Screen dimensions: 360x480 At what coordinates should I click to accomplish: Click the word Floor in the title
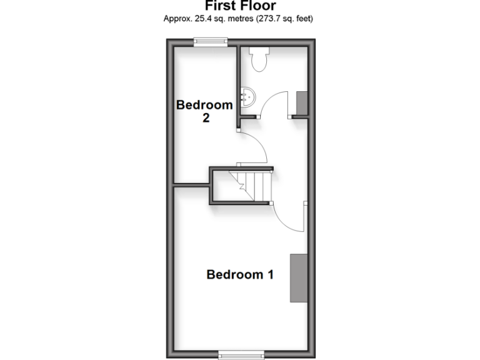pyautogui.click(x=258, y=6)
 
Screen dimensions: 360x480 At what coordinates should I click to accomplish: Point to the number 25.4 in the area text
pyautogui.click(x=202, y=19)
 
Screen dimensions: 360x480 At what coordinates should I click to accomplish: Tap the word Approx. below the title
pyautogui.click(x=176, y=19)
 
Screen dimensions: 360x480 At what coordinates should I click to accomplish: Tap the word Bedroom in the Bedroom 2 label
pyautogui.click(x=204, y=105)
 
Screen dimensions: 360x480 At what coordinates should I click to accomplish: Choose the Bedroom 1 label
pyautogui.click(x=240, y=274)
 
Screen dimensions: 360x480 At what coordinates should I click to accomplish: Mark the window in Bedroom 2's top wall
pyautogui.click(x=210, y=42)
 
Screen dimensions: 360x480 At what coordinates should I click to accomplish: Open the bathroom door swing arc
pyautogui.click(x=270, y=103)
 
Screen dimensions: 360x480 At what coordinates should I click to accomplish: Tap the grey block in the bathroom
pyautogui.click(x=301, y=103)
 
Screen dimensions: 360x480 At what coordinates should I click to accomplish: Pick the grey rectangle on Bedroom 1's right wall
pyautogui.click(x=298, y=278)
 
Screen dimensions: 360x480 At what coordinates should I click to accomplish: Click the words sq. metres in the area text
pyautogui.click(x=234, y=19)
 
